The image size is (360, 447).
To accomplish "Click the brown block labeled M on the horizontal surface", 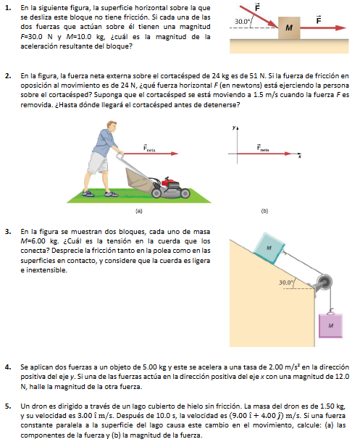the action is click(289, 28).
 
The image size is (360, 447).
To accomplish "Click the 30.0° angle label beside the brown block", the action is click(242, 22).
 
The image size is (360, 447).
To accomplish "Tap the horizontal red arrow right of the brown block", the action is click(323, 28).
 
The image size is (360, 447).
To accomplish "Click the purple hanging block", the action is click(330, 325).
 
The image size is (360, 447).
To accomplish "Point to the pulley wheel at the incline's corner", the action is click(325, 283).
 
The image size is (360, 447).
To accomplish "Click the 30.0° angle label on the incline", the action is click(286, 283).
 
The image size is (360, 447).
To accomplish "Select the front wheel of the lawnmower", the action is click(185, 193).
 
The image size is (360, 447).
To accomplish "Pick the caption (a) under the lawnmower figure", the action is click(139, 212).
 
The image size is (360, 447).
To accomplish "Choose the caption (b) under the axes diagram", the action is click(264, 212).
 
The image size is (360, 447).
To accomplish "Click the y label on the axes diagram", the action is click(234, 128).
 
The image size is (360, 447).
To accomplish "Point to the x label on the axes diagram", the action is click(299, 156).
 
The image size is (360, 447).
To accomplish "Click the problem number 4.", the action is click(8, 367).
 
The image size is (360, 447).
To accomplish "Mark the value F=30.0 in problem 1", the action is click(31, 37).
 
